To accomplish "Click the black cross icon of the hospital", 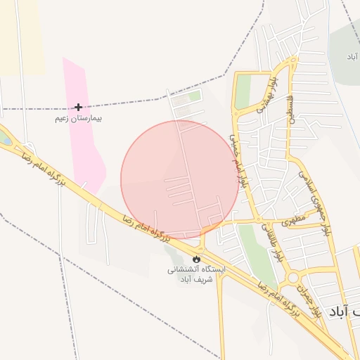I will (78, 107).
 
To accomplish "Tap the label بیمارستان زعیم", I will (79, 118).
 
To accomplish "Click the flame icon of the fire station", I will (186, 259).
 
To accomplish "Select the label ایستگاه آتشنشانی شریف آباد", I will (195, 274).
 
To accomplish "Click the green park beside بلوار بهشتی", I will (243, 91).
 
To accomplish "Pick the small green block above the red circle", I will (194, 96).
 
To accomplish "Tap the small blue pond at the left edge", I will (4, 139).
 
